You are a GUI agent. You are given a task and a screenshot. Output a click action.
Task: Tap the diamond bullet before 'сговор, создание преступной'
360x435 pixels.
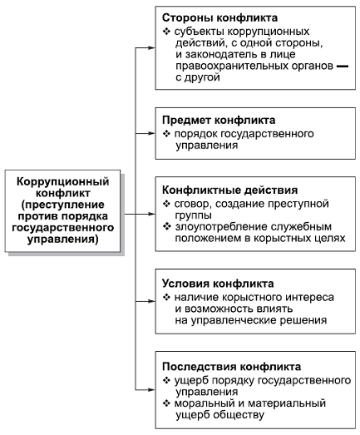[x=166, y=204]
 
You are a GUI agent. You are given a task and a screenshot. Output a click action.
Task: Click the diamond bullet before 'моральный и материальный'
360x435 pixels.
[x=166, y=403]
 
